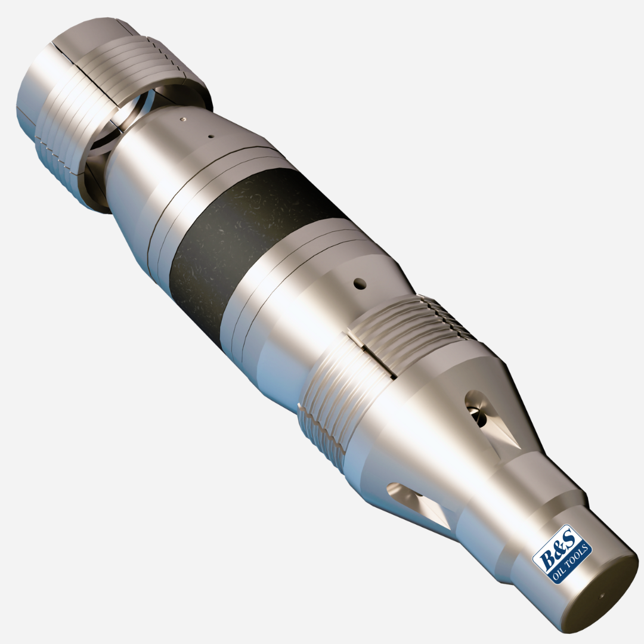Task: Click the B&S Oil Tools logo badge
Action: (561, 554)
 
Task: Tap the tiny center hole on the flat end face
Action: (602, 595)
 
